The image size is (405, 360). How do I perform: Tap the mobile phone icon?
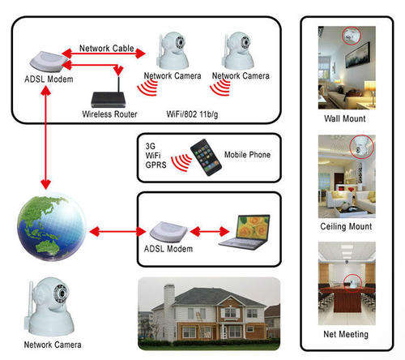pyautogui.click(x=206, y=157)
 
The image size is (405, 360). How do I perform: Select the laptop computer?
pyautogui.click(x=245, y=232)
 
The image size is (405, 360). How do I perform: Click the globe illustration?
pyautogui.click(x=51, y=228)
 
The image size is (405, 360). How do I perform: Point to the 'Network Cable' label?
pyautogui.click(x=107, y=49)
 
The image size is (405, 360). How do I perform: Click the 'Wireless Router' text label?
pyautogui.click(x=109, y=114)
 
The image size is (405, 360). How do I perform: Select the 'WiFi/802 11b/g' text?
pyautogui.click(x=192, y=114)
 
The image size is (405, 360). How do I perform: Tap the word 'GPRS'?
pyautogui.click(x=156, y=165)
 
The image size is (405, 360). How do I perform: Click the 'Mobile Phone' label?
pyautogui.click(x=247, y=155)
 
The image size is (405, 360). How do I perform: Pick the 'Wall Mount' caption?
pyautogui.click(x=345, y=118)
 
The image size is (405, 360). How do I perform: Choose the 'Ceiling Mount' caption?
pyautogui.click(x=346, y=226)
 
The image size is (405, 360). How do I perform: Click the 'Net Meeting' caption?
pyautogui.click(x=346, y=334)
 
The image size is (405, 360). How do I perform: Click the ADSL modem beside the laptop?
pyautogui.click(x=168, y=232)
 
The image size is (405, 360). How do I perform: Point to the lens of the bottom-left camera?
pyautogui.click(x=62, y=293)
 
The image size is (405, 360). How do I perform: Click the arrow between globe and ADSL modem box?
pyautogui.click(x=117, y=232)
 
